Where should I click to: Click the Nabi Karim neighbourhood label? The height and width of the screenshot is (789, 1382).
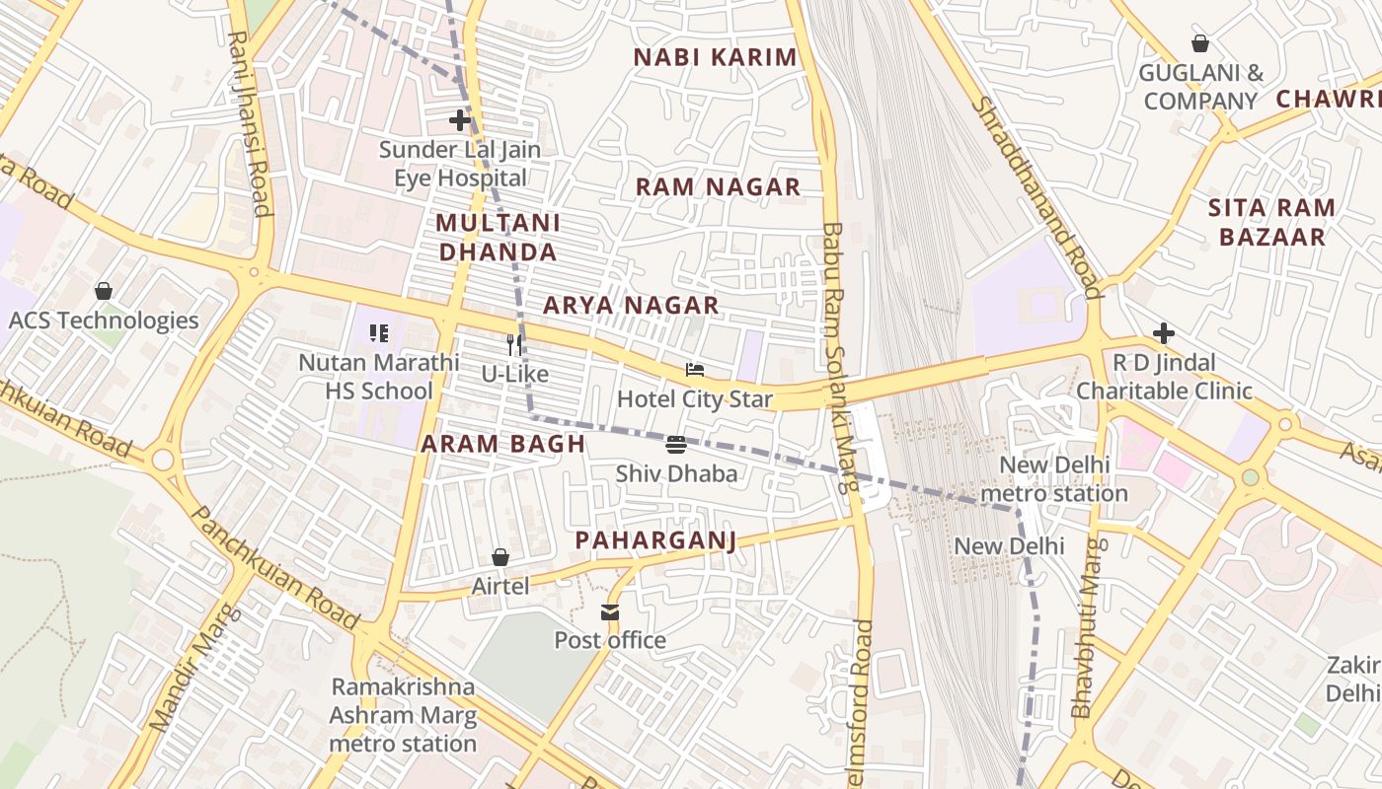715,57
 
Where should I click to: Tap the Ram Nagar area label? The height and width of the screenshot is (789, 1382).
718,187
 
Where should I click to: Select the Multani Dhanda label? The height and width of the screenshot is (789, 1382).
498,238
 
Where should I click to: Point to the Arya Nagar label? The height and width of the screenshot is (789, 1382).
631,306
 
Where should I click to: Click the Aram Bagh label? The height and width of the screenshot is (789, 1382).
503,444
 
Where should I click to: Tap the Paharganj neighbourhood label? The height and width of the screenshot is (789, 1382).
655,540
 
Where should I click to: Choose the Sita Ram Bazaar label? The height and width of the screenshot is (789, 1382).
1271,222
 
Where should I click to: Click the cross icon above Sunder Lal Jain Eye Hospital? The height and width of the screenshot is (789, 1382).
460,121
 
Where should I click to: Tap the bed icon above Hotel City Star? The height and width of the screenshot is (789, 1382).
695,370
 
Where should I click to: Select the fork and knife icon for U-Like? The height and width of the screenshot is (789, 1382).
514,344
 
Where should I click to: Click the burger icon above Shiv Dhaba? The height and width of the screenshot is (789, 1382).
676,445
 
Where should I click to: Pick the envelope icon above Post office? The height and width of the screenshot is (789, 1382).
610,612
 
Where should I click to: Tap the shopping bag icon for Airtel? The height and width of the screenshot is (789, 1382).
500,557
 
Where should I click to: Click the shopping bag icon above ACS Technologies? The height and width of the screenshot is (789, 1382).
104,291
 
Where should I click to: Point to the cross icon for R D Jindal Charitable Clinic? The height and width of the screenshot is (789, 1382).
1164,333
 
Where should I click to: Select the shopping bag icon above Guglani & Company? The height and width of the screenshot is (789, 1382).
1200,43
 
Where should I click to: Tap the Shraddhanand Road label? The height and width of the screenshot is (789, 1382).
1036,197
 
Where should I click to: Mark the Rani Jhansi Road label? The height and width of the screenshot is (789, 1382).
250,122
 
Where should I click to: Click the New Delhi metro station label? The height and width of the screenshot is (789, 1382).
1054,478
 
